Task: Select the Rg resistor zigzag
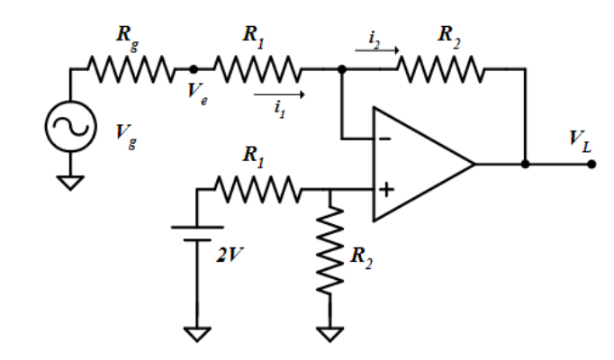(128, 68)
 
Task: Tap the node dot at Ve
(193, 68)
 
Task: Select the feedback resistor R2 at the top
(441, 68)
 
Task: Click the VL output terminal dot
(591, 165)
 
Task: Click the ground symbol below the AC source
(69, 182)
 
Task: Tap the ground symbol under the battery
(196, 334)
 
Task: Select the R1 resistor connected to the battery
(258, 190)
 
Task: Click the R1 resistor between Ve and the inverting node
(257, 68)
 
